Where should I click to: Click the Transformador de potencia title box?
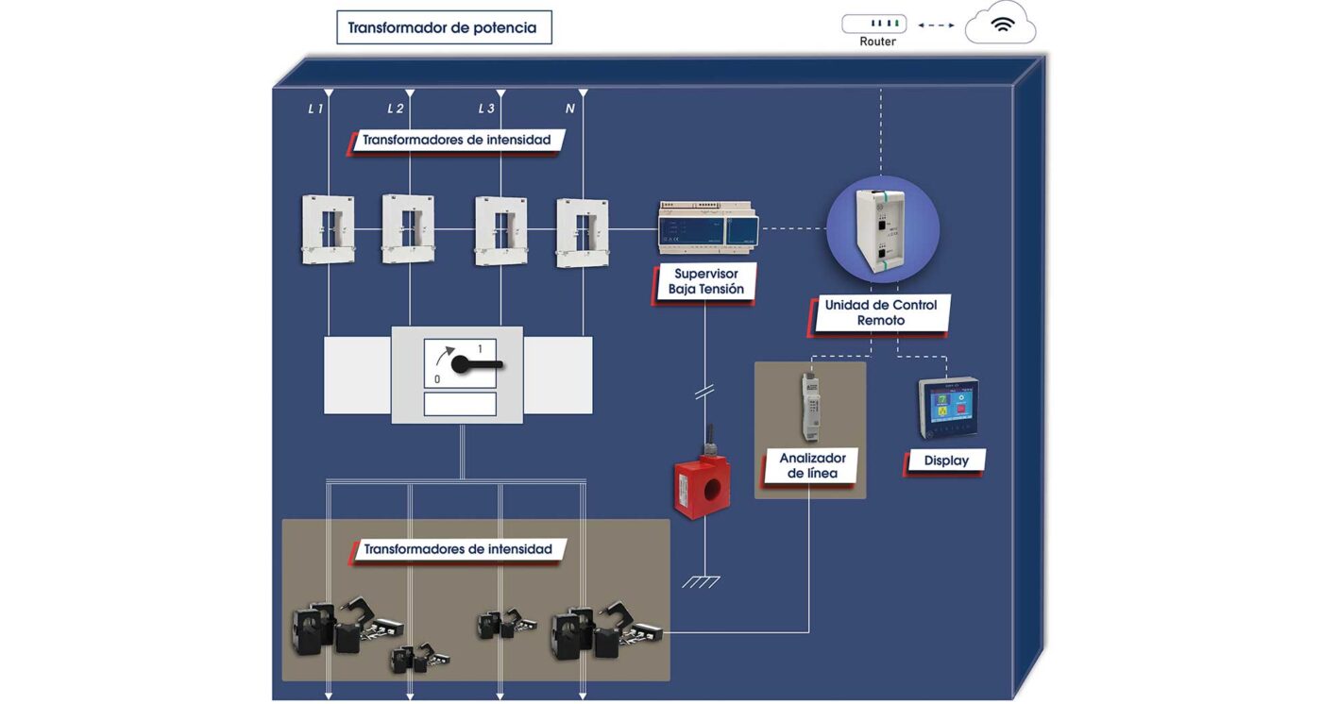pos(444,27)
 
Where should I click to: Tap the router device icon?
pos(873,24)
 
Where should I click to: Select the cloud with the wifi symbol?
pos(1000,25)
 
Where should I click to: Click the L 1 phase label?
pos(315,109)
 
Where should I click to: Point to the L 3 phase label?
pos(486,109)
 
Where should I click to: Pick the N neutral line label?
pos(569,109)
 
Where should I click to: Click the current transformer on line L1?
pos(328,229)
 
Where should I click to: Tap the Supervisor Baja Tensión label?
pos(706,281)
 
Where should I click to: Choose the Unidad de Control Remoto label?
pos(881,312)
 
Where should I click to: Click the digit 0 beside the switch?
pos(437,379)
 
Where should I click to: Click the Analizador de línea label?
pos(812,465)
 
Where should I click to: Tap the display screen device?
pos(949,408)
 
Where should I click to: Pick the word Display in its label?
pos(946,461)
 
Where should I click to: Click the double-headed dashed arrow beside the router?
pos(936,25)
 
